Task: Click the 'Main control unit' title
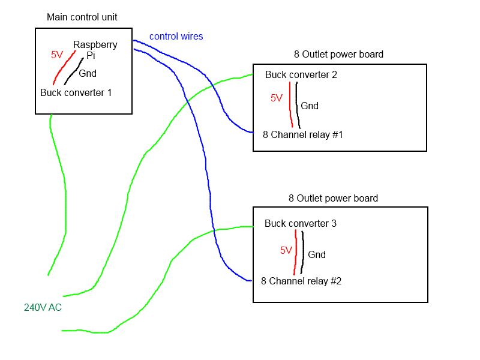tap(82, 17)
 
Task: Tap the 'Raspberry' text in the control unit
tap(95, 45)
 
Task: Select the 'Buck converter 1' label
tap(76, 93)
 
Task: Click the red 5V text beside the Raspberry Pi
tap(57, 55)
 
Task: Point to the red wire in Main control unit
tap(64, 68)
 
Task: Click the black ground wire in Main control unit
tap(73, 72)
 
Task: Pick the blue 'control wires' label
tap(176, 37)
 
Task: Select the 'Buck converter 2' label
tap(301, 74)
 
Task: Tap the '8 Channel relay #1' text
tap(303, 134)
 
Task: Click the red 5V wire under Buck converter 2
tap(290, 104)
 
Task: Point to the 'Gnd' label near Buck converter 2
tap(310, 106)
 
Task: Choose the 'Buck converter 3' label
tap(301, 223)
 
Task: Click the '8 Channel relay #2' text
tap(301, 281)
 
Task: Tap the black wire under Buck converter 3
tap(302, 252)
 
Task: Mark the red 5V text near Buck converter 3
tap(286, 250)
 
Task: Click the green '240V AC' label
tap(43, 307)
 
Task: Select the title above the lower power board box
tap(333, 199)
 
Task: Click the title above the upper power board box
tap(338, 55)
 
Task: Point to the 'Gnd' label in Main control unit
tap(88, 73)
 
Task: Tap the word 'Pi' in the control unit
tap(91, 55)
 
